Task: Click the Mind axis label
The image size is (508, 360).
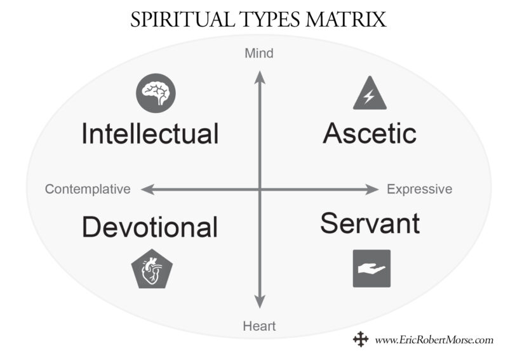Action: [x=259, y=53]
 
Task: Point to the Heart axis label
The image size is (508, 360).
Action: [x=259, y=327]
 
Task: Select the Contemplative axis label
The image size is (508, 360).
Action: [x=88, y=189]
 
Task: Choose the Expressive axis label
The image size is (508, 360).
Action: [x=420, y=189]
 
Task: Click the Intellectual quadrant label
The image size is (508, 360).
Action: [x=150, y=134]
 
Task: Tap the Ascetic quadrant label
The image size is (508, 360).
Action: [x=370, y=133]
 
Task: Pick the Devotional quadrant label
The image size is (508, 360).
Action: [x=150, y=227]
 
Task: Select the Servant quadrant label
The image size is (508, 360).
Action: [x=370, y=223]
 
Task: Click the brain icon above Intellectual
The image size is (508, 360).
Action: [x=156, y=93]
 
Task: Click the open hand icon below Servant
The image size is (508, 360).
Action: [x=371, y=269]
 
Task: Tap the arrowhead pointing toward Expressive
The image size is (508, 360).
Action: [x=373, y=189]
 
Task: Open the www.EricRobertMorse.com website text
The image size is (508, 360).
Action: [x=434, y=340]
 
